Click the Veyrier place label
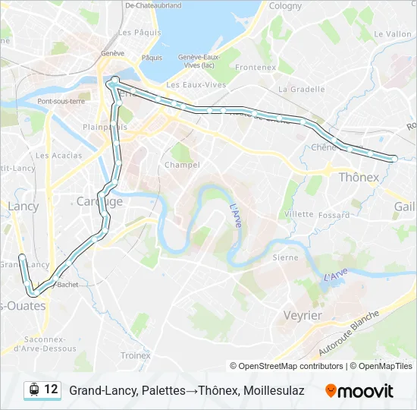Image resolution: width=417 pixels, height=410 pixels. pos(303,315)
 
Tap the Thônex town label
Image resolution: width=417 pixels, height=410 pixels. pos(358,178)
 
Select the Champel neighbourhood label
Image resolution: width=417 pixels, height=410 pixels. pos(182,165)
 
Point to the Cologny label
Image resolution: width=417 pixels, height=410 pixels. pos(285,6)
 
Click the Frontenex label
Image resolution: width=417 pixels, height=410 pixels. pos(256,67)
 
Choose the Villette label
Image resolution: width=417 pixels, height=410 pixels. pos(299,214)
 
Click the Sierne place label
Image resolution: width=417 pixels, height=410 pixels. pos(285,258)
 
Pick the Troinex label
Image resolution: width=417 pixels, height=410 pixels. pos(136,355)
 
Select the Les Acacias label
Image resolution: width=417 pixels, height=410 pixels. pos(58,156)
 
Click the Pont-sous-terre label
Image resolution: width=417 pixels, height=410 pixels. pos(61,102)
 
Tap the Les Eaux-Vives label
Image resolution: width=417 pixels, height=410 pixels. pos(196,84)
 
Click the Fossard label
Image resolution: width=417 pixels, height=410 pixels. pos(334,216)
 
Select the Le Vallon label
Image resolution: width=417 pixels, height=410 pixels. pos(393,34)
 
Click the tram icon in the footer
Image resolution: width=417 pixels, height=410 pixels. pos(33,390)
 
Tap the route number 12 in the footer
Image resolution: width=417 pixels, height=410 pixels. pos(51,389)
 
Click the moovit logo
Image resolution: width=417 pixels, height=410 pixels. pos(359,391)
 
